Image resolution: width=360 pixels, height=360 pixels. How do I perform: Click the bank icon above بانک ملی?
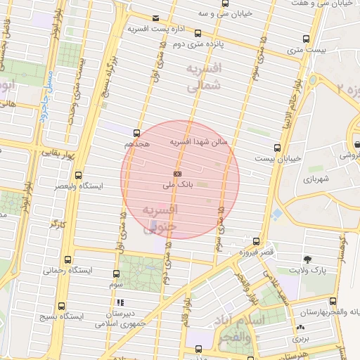[x=178, y=173]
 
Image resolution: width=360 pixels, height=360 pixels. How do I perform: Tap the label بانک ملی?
[x=177, y=185]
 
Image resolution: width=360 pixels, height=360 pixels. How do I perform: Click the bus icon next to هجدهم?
[x=136, y=132]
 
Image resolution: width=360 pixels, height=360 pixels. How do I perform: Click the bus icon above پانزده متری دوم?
[x=198, y=33]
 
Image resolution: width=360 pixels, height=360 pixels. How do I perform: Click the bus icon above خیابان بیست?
[x=277, y=148]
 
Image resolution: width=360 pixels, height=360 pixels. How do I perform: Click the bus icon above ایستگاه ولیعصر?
[x=77, y=175]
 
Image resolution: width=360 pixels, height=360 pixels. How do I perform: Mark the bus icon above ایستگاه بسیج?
[x=61, y=306]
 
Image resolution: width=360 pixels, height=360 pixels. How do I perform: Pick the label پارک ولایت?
[x=309, y=270]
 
